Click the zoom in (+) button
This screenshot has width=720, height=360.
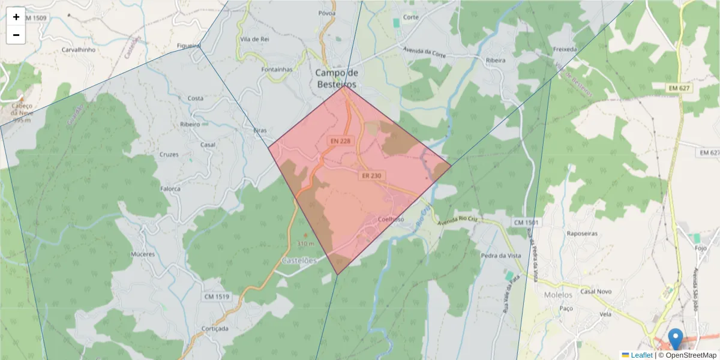[x=16, y=17]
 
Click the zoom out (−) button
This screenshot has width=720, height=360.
[x=16, y=35]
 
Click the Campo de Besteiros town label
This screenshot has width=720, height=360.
[x=336, y=78]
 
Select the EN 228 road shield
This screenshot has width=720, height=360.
[x=340, y=140]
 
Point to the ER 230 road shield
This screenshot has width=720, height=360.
[x=371, y=176]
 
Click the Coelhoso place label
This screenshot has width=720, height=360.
[x=391, y=219]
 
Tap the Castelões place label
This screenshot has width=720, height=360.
[x=299, y=261]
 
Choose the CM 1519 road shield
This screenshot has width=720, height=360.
[x=217, y=296]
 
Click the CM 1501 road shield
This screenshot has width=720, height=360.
[x=526, y=223]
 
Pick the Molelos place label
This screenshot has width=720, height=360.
[x=558, y=295]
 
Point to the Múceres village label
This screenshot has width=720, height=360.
[x=143, y=254]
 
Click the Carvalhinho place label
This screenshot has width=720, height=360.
[x=79, y=50]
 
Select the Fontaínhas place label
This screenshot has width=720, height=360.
[x=277, y=69]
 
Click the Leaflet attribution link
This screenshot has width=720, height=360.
[x=641, y=355]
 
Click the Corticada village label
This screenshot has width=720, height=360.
[x=215, y=329]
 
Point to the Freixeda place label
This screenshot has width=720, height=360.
[x=565, y=49]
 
